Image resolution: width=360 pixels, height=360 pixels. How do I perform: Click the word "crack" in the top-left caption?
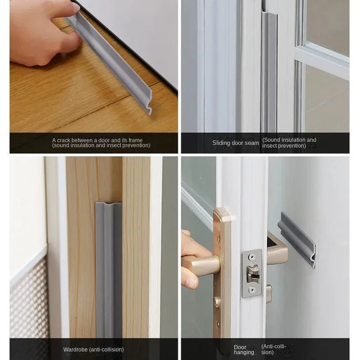pyautogui.click(x=66, y=140)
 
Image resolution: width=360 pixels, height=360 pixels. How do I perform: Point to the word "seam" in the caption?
pyautogui.click(x=252, y=143)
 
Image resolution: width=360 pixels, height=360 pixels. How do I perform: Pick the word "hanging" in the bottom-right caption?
pyautogui.click(x=244, y=352)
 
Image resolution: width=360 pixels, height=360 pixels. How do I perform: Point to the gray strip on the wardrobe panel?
pyautogui.click(x=108, y=270)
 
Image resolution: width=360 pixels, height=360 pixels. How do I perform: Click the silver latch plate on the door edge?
pyautogui.click(x=252, y=273)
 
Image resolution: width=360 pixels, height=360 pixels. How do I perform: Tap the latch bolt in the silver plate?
pyautogui.click(x=252, y=273)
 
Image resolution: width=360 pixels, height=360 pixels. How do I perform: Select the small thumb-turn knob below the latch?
pyautogui.click(x=269, y=293)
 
